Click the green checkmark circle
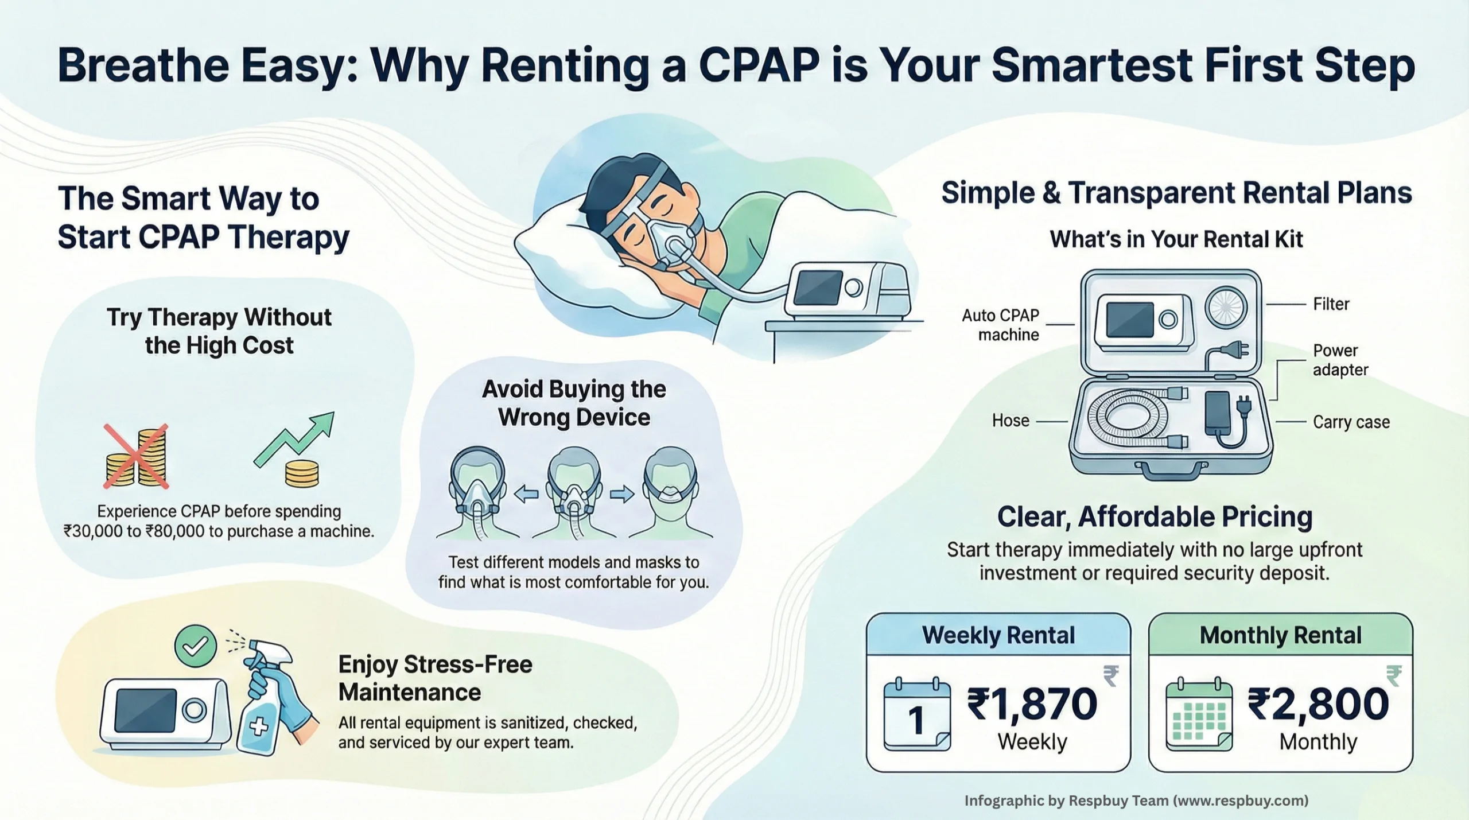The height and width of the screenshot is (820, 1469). [195, 646]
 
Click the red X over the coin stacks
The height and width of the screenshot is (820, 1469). [136, 456]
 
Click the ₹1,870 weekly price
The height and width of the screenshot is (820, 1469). [1032, 704]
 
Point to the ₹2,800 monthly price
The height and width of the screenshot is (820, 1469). [1318, 704]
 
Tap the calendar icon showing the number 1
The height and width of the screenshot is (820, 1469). [916, 715]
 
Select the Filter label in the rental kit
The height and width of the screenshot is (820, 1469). [1331, 304]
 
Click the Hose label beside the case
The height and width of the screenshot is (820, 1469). [1011, 421]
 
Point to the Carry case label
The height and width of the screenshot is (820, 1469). [1351, 422]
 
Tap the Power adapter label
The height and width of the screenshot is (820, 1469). [1340, 360]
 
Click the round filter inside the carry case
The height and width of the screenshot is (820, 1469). [1225, 306]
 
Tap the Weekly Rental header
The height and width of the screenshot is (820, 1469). [998, 635]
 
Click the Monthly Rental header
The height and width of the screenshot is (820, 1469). [1280, 635]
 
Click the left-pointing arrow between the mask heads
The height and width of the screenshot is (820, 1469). [526, 493]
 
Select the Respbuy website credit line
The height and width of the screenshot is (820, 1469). [1136, 800]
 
